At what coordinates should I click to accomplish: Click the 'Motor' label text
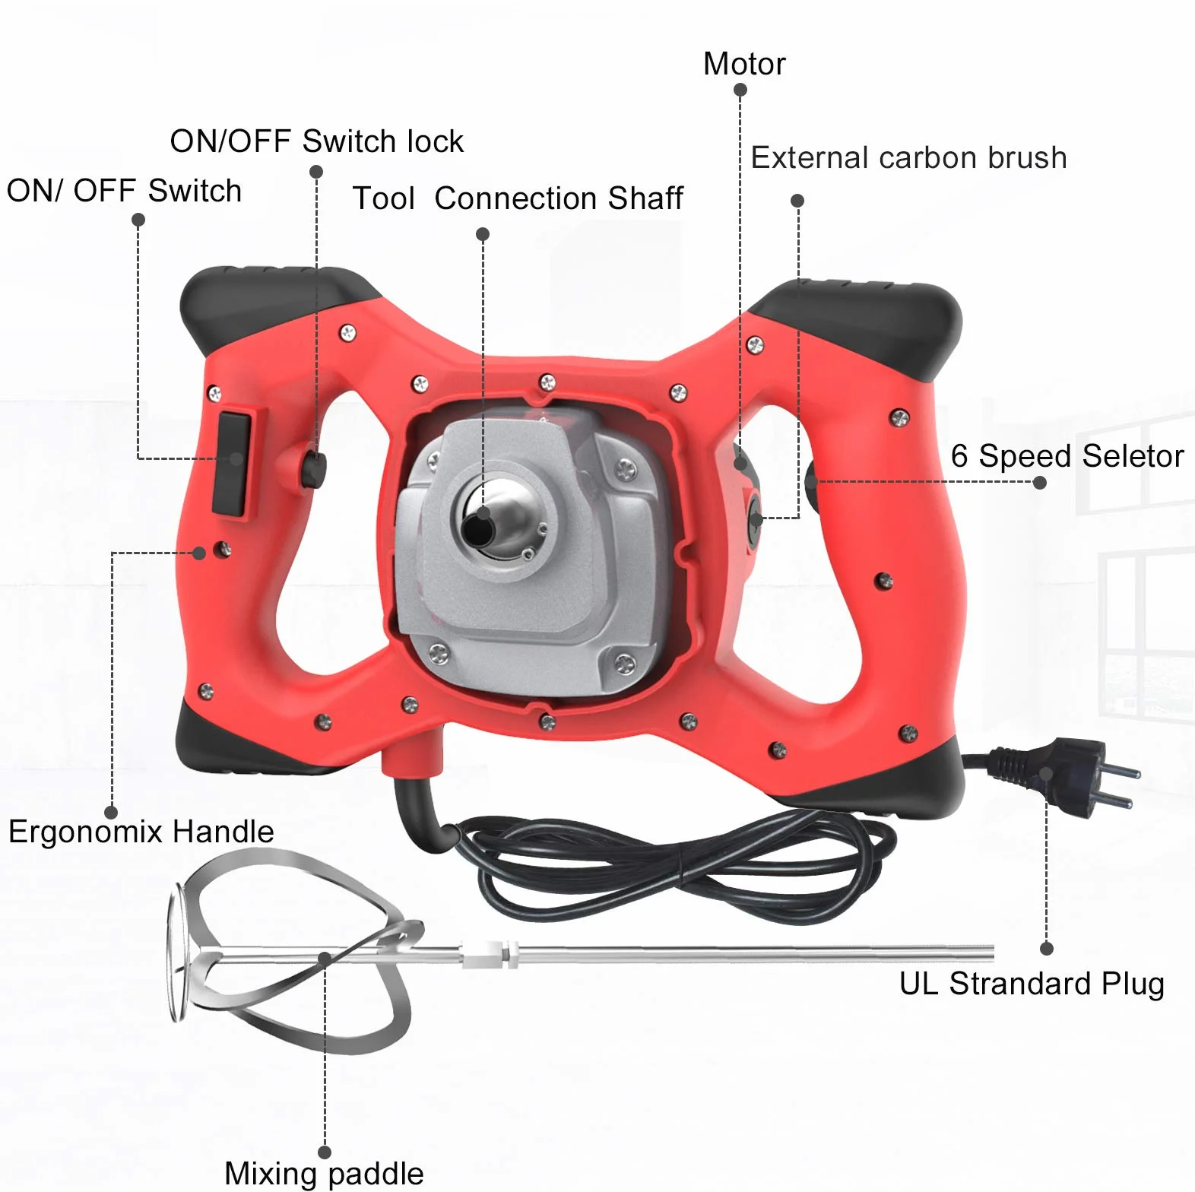coord(744,64)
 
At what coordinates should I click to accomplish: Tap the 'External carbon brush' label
coord(908,158)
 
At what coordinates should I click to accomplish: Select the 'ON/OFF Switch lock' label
coord(316,141)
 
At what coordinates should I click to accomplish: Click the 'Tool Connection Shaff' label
coord(518,198)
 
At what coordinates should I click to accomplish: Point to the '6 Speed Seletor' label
coord(1067,456)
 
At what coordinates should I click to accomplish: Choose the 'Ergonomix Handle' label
coord(141,832)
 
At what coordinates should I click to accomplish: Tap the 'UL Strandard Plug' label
coord(1032,984)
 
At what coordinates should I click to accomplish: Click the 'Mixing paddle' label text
coord(324,1173)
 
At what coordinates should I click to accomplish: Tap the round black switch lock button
coord(313,469)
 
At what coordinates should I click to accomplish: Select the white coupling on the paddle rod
coord(490,953)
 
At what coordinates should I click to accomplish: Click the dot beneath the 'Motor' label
coord(740,90)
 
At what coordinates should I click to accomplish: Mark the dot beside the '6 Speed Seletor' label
coord(1040,483)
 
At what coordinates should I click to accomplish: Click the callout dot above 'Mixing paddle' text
coord(325,1152)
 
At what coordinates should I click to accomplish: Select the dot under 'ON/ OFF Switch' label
coord(138,220)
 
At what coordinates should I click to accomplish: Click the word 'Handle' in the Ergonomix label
coord(223,832)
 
